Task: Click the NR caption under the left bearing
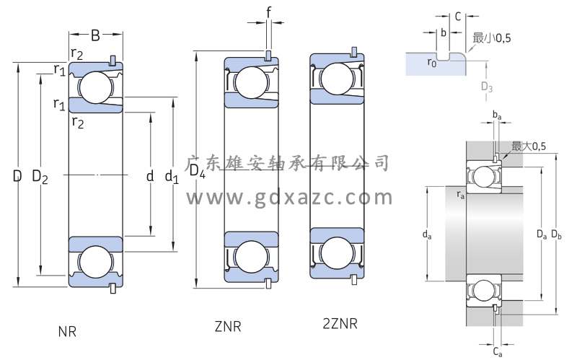coord(67,331)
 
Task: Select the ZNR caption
coord(227,327)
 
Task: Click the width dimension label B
coord(95,35)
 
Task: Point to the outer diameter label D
coord(17,175)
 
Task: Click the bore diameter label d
coord(150,175)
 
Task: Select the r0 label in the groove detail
coord(431,63)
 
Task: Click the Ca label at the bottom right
coord(498,351)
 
